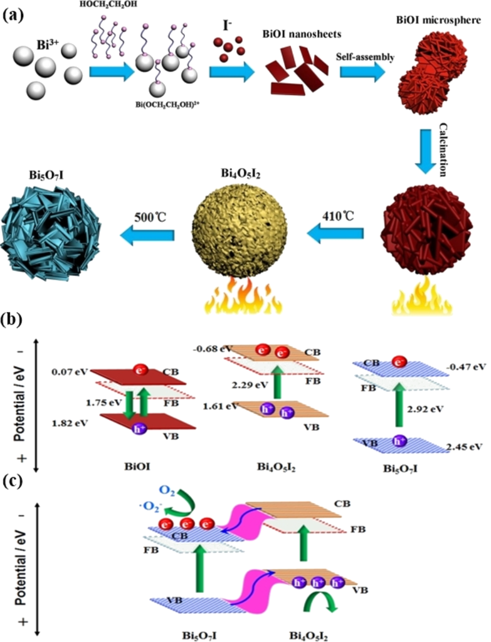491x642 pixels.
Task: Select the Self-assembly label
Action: click(x=366, y=57)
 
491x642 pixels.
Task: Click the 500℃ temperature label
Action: click(x=150, y=217)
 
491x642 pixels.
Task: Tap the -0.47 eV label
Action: click(x=466, y=366)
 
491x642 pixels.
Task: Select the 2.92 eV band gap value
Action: click(x=425, y=409)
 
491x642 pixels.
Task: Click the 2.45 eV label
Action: click(x=463, y=446)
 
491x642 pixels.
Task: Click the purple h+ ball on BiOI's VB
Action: click(x=140, y=429)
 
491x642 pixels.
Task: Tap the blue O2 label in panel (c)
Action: click(x=167, y=492)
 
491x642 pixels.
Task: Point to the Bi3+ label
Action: click(x=48, y=45)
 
